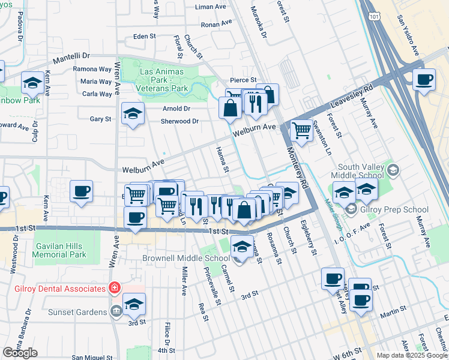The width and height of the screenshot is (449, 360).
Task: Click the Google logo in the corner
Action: point(20,353)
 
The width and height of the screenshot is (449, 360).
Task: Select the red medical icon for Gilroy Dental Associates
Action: point(113,289)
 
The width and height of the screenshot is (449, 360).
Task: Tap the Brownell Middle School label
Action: point(178,259)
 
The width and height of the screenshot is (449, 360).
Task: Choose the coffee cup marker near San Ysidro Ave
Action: point(425,80)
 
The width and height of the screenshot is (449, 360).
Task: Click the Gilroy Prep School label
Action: point(394,209)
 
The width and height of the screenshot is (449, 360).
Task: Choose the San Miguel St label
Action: point(92,357)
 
